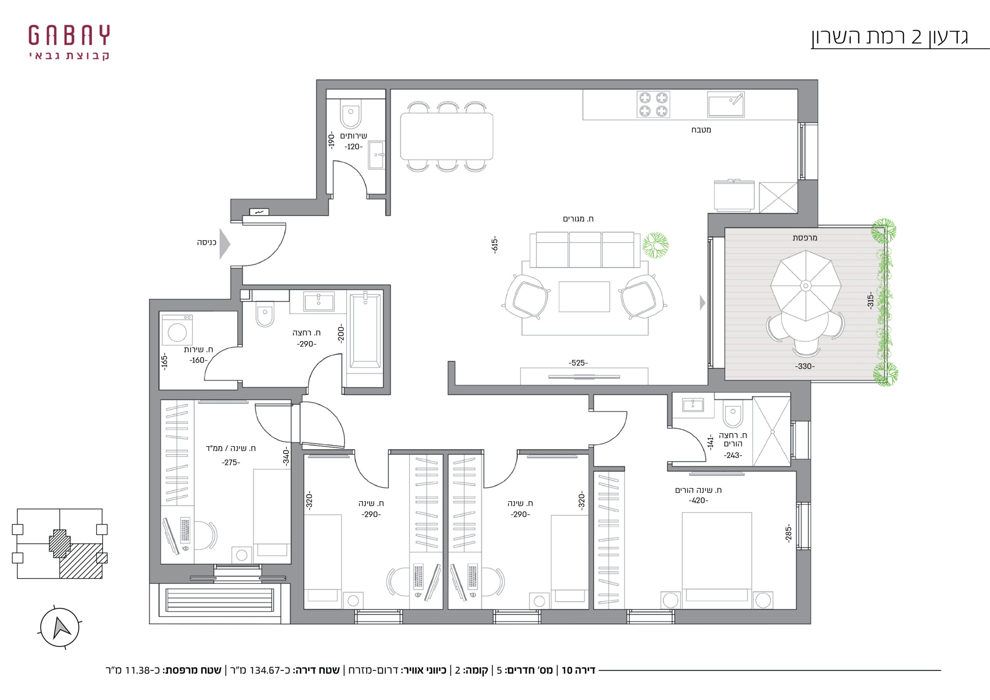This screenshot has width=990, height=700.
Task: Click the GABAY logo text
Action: [x=69, y=35]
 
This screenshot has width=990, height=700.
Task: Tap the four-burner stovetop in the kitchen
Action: [x=653, y=104]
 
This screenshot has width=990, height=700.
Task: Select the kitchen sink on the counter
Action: [x=726, y=104]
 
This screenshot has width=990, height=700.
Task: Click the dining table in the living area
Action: [x=446, y=136]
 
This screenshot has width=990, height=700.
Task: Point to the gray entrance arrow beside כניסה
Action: [x=224, y=244]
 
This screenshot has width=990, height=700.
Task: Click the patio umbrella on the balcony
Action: [x=806, y=285]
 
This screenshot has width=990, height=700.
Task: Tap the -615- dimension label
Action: [x=495, y=244]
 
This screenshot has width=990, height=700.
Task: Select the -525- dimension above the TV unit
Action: [x=578, y=363]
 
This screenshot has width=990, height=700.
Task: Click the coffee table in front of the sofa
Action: [x=584, y=296]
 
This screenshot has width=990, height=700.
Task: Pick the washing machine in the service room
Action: [x=177, y=330]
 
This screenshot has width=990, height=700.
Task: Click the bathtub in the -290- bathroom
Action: [x=365, y=331]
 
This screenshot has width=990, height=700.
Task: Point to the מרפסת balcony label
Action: [x=805, y=237]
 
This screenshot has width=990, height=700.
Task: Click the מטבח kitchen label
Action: [x=701, y=130]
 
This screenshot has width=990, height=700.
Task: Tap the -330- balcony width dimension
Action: [x=805, y=367]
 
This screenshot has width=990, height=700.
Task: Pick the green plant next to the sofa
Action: [x=655, y=245]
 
